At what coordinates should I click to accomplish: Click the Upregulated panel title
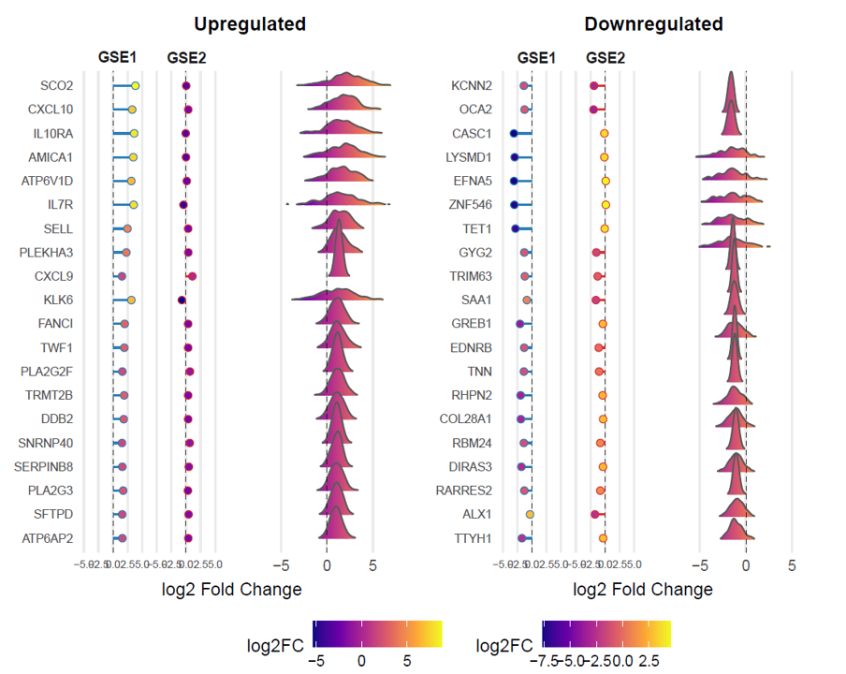pyautogui.click(x=249, y=23)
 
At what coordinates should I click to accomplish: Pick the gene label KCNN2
pyautogui.click(x=472, y=86)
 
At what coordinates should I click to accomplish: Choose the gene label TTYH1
pyautogui.click(x=474, y=538)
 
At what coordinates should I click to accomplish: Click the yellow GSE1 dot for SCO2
pyautogui.click(x=136, y=86)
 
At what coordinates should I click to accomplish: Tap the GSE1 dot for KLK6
pyautogui.click(x=132, y=300)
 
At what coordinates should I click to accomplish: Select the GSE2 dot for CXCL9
pyautogui.click(x=192, y=276)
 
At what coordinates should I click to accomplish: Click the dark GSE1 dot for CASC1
pyautogui.click(x=514, y=134)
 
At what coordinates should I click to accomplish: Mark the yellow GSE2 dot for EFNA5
pyautogui.click(x=605, y=181)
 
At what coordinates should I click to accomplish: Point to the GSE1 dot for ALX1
pyautogui.click(x=530, y=514)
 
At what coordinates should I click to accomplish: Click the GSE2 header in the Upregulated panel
pyautogui.click(x=186, y=58)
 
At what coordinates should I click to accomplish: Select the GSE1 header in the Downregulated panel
pyautogui.click(x=536, y=58)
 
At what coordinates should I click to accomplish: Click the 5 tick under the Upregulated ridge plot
pyautogui.click(x=372, y=565)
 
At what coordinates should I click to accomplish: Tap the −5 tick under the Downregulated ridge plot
pyautogui.click(x=699, y=565)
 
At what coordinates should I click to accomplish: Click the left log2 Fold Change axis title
pyautogui.click(x=232, y=589)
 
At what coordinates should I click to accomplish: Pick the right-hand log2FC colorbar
pyautogui.click(x=606, y=634)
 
